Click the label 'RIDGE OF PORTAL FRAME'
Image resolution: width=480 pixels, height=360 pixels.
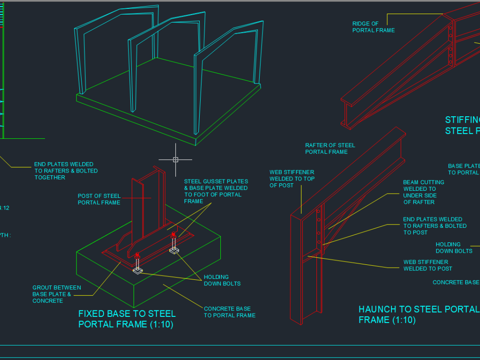[373, 27]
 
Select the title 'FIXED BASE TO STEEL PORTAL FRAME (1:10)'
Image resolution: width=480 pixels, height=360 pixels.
[127, 319]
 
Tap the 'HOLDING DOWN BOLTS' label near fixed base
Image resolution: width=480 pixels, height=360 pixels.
[222, 280]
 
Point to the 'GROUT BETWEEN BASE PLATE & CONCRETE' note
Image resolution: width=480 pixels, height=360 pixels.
[56, 294]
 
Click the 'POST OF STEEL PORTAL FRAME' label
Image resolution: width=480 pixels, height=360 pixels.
[99, 199]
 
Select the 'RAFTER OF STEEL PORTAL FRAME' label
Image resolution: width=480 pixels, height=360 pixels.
[330, 149]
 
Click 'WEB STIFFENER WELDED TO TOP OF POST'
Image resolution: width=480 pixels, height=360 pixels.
[292, 179]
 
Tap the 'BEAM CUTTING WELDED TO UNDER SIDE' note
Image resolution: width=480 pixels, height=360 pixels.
[423, 192]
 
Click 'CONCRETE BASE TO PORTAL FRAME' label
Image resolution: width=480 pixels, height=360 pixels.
[229, 312]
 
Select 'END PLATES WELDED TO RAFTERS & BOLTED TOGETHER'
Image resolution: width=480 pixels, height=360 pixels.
[66, 171]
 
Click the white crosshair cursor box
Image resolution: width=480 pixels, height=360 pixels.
[176, 160]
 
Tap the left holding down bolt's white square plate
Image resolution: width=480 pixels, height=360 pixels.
[138, 270]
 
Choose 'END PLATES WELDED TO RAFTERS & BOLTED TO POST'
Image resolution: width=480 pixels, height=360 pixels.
[435, 225]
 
